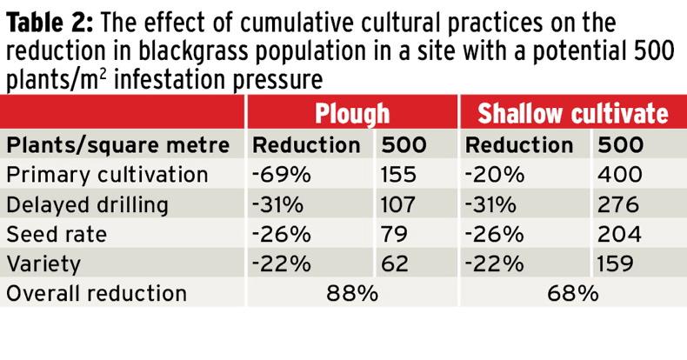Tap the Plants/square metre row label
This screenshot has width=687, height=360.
pos(118,144)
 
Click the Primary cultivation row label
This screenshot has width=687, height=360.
pos(107,175)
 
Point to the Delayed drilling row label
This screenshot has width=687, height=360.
pos(93,204)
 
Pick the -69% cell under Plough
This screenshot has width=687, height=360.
pos(282,175)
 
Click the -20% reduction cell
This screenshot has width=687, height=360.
pos(496,175)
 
